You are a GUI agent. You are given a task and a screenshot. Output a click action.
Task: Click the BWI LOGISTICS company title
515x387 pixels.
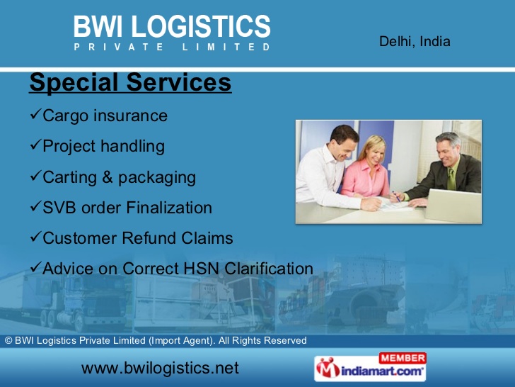[172, 27]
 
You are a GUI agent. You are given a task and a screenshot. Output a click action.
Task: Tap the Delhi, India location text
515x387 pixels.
[415, 41]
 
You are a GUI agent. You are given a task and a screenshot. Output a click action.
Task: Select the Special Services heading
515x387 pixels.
[130, 83]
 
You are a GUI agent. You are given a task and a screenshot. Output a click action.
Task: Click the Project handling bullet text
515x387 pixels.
[103, 146]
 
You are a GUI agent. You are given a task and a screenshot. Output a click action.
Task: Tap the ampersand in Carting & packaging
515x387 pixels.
[108, 177]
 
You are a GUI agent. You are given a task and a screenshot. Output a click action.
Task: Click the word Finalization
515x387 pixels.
[169, 208]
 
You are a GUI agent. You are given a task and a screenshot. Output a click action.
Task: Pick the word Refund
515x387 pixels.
[141, 238]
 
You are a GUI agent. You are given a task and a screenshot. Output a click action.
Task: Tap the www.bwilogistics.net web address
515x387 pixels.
[160, 368]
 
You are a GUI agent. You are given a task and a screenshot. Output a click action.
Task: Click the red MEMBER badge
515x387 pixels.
[403, 358]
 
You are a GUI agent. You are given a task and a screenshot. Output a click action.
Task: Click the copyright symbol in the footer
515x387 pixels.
[8, 341]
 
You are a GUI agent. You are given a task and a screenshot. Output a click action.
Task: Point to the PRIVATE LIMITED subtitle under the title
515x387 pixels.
[172, 47]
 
